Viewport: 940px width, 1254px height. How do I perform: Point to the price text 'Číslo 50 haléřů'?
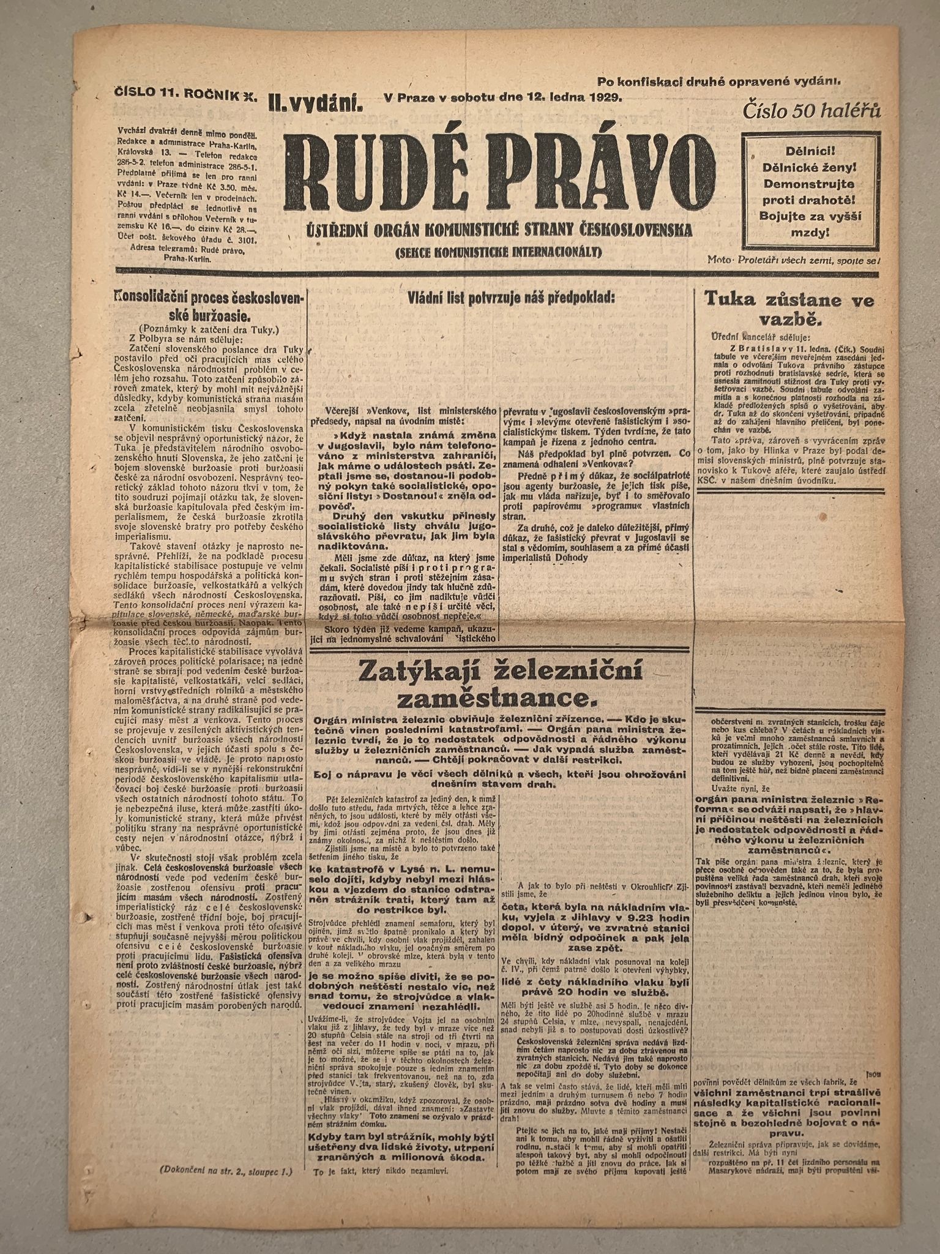(x=811, y=111)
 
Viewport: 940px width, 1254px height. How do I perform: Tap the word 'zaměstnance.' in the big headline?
(x=501, y=698)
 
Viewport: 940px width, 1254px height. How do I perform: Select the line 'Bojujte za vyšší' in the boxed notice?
(x=807, y=216)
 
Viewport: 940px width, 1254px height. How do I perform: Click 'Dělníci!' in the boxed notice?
(x=807, y=151)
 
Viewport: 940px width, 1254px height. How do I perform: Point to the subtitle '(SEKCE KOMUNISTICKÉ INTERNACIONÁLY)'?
(x=499, y=252)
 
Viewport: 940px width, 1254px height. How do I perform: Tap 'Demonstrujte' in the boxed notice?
(x=807, y=183)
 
